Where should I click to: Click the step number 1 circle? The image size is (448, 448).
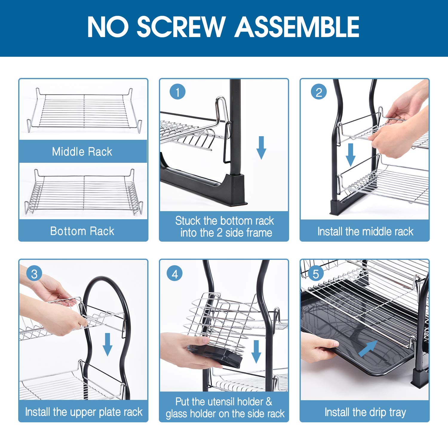[x=177, y=92]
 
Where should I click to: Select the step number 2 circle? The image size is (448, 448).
[x=319, y=92]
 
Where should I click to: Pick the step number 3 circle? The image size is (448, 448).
[x=34, y=274]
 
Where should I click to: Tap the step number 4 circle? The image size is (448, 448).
[x=175, y=274]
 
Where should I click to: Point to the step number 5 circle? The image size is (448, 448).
[x=315, y=274]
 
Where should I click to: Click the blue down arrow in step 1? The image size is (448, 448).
[x=261, y=148]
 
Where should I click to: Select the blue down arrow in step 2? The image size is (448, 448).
[x=351, y=155]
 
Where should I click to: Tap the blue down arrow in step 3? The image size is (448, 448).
[x=108, y=344]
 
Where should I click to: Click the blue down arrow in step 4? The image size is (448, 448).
[x=256, y=351]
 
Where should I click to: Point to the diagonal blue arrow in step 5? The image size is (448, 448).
[x=367, y=348]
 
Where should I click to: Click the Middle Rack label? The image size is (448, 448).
[x=82, y=152]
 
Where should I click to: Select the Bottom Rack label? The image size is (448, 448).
[x=82, y=231]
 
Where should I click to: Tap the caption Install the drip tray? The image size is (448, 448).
[x=365, y=412]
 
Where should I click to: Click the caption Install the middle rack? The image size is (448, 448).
[x=365, y=231]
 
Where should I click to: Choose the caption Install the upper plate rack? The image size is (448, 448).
[x=84, y=412]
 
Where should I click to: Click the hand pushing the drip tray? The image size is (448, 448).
[x=320, y=346]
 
